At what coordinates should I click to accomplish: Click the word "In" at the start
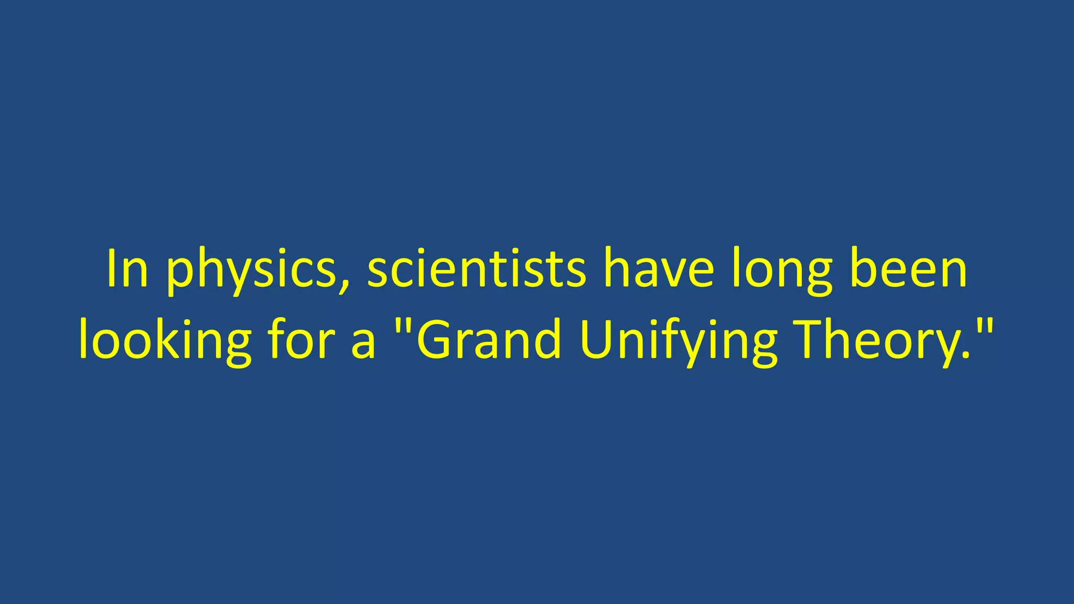pos(127,268)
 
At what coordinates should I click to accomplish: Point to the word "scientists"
pos(476,268)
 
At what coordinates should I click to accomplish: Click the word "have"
pos(659,268)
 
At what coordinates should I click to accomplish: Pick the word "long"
pos(781,270)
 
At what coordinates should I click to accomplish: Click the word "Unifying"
pos(679,341)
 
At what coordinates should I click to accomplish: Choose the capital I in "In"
pos(111,268)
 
